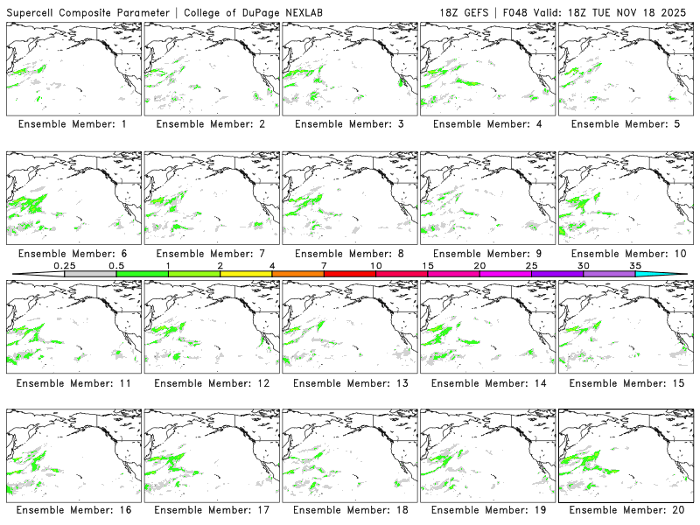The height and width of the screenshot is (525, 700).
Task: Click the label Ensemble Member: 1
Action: (x=72, y=124)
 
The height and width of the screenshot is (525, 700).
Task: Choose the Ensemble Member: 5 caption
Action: (x=625, y=124)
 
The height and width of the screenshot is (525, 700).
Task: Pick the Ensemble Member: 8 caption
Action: (x=348, y=254)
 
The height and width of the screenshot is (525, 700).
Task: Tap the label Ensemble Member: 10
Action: (x=625, y=254)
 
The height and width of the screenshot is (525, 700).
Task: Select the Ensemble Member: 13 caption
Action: (x=348, y=382)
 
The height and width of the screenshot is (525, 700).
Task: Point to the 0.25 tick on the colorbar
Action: (x=64, y=265)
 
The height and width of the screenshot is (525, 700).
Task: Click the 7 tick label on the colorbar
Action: (x=324, y=265)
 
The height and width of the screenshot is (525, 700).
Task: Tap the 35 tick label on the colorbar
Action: (x=635, y=265)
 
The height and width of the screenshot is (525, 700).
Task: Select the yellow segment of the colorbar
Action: (x=246, y=274)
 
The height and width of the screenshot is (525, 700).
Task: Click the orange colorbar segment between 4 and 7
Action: (x=297, y=274)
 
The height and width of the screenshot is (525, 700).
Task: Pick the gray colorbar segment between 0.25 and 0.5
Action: (x=90, y=274)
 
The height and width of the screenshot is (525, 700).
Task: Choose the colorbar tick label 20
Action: (x=479, y=265)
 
